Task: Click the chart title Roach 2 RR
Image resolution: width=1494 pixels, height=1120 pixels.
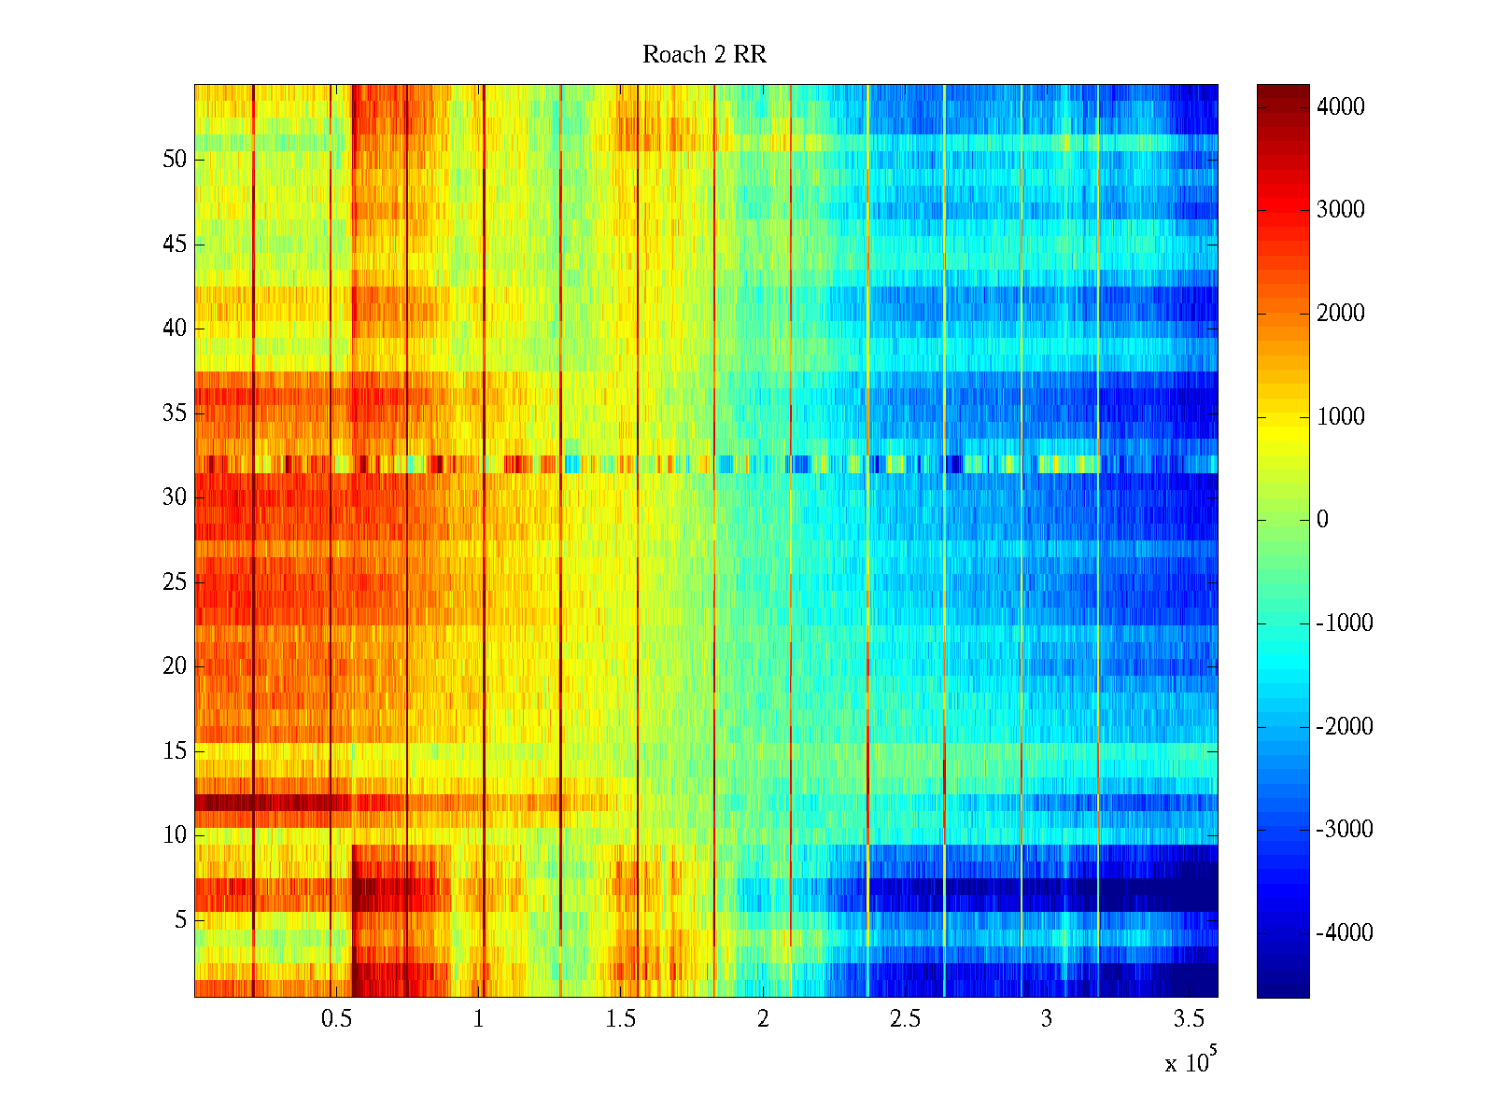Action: [704, 55]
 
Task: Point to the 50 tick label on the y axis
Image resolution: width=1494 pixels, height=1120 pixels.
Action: [175, 160]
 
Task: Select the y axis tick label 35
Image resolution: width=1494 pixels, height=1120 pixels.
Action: [175, 413]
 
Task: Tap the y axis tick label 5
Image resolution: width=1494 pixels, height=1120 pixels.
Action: [180, 920]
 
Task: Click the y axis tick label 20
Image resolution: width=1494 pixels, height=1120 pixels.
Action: [175, 666]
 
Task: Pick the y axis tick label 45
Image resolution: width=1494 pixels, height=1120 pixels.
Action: [175, 245]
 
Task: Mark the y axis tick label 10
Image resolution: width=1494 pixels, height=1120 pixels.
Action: [175, 835]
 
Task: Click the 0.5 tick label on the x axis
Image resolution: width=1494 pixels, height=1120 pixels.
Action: [336, 1019]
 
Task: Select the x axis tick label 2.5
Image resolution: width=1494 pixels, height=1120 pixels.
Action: [905, 1019]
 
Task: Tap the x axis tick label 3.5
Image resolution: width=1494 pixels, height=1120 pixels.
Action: [1189, 1019]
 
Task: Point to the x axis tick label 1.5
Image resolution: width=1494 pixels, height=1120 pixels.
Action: [620, 1019]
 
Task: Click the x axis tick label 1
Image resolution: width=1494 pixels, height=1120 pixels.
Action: [479, 1019]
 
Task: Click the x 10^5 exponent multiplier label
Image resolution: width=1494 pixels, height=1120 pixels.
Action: [1191, 1061]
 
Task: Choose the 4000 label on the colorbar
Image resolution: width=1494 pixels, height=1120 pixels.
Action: [1341, 107]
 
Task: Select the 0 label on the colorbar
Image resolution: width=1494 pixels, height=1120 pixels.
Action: [1322, 520]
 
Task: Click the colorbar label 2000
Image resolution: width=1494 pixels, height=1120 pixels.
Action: [1341, 314]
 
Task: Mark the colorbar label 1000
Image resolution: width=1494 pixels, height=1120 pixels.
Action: [1341, 417]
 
